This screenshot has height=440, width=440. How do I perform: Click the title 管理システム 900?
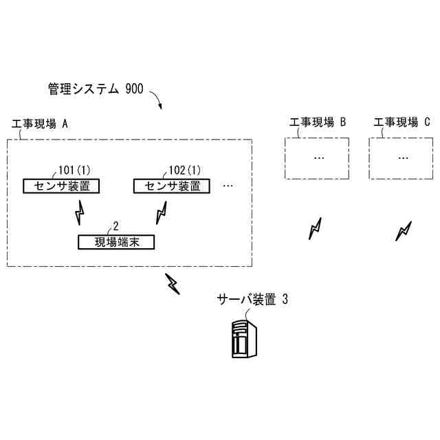96,90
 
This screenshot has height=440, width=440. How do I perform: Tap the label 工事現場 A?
41,124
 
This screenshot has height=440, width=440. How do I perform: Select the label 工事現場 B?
317,123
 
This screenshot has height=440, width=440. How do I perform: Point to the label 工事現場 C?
402,123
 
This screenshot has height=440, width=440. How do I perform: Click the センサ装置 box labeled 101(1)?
60,186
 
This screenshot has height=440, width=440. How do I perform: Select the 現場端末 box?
115,242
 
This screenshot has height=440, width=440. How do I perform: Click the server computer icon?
245,338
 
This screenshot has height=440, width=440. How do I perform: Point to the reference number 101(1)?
74,170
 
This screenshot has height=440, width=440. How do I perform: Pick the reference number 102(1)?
185,170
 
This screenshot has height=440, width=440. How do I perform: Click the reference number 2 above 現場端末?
115,225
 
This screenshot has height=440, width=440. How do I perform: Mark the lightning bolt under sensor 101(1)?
80,212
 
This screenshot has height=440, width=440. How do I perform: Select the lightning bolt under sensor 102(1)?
162,212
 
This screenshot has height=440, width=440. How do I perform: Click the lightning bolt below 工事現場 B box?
316,229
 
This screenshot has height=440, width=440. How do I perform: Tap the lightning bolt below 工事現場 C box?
403,231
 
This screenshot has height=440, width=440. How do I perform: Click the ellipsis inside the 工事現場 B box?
318,157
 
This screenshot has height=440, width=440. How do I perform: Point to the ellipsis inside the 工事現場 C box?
402,157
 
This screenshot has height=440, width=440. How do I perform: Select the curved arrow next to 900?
156,100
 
